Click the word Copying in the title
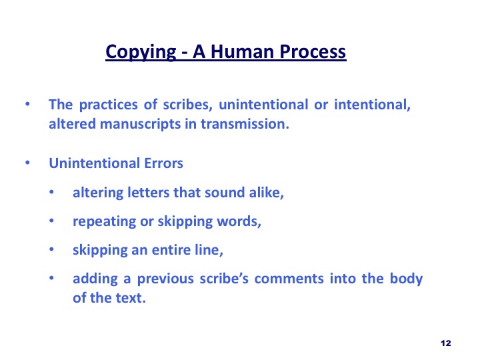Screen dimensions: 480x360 tap(141, 52)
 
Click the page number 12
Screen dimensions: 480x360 tap(446, 343)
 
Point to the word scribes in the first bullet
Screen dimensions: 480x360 tap(187, 105)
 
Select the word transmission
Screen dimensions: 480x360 tap(245, 124)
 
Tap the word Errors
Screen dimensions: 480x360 tap(163, 163)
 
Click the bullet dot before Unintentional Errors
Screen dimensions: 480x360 tap(27, 163)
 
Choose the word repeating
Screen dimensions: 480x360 tap(105, 221)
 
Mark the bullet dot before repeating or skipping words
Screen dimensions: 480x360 tap(51, 221)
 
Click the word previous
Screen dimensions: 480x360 tap(165, 279)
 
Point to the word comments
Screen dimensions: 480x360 tap(289, 279)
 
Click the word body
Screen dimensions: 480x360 tap(406, 279)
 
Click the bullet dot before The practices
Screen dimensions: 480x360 tap(27, 104)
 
